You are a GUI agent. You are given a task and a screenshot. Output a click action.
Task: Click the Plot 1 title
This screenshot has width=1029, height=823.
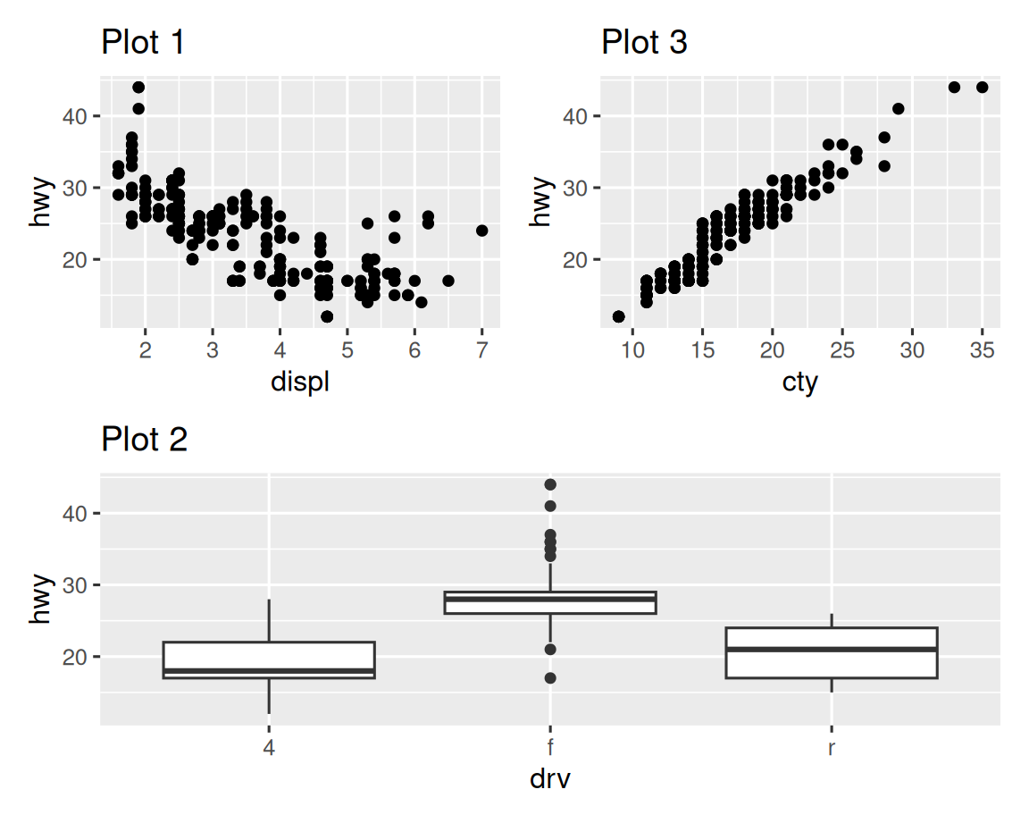[x=143, y=42]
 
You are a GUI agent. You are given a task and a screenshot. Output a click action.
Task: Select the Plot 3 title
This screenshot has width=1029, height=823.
[x=644, y=42]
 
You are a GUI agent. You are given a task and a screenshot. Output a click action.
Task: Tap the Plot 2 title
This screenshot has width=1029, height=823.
[x=144, y=440]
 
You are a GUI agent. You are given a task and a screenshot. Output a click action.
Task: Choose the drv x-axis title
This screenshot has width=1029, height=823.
[x=549, y=779]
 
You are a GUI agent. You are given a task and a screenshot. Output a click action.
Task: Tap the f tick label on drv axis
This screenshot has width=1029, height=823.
[x=550, y=747]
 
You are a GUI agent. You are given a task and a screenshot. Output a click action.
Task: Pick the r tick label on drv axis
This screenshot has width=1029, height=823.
[x=832, y=747]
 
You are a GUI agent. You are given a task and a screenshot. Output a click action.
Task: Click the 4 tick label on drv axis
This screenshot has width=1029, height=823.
[x=269, y=747]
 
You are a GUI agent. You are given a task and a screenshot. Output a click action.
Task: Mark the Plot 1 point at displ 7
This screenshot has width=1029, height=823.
[x=482, y=231]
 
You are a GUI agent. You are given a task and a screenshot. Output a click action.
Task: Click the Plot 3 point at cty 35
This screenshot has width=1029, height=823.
[x=982, y=87]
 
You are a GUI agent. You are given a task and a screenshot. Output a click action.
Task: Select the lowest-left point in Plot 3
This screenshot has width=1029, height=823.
[x=618, y=316]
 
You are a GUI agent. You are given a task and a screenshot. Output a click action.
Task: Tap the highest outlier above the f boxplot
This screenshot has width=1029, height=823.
[x=550, y=484]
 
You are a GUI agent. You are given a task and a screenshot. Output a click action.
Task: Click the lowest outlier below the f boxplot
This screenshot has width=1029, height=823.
[x=550, y=678]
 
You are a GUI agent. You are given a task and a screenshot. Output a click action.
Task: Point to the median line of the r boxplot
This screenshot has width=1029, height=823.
[x=832, y=650]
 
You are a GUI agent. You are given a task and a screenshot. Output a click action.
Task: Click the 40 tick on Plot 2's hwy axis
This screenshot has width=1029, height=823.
[x=75, y=514]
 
